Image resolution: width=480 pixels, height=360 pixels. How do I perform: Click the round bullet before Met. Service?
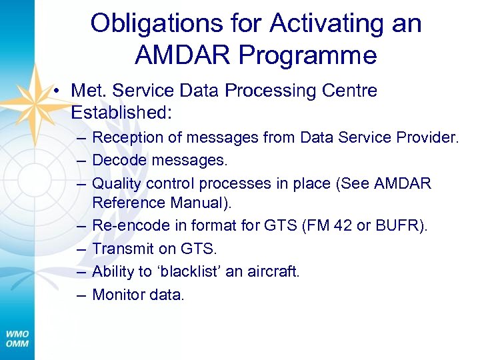pyautogui.click(x=59, y=91)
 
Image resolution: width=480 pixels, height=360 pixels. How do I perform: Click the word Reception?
pyautogui.click(x=127, y=138)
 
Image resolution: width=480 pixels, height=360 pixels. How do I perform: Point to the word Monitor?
pyautogui.click(x=119, y=294)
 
